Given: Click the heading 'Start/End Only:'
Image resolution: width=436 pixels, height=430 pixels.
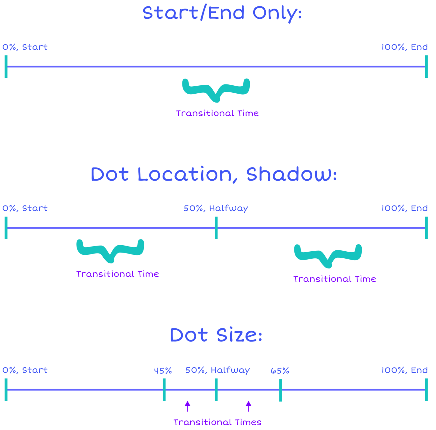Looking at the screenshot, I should tap(222, 13).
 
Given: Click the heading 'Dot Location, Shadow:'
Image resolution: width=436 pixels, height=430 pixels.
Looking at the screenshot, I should tap(214, 175).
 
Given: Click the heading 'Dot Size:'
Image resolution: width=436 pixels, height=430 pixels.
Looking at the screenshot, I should tap(216, 335).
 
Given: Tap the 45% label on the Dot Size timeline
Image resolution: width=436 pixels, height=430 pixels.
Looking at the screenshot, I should tap(163, 371).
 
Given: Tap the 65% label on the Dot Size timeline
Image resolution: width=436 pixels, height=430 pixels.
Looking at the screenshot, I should tap(280, 371).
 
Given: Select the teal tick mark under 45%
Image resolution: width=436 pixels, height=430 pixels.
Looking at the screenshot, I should tap(164, 390).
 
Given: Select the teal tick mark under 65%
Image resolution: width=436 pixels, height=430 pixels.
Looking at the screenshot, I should tap(281, 390).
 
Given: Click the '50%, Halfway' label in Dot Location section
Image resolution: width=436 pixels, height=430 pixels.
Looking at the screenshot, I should tap(216, 209).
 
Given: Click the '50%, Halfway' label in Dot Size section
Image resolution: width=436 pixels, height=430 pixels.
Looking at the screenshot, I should tap(218, 370).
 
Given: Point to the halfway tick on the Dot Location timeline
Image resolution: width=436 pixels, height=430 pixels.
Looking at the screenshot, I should tap(216, 228).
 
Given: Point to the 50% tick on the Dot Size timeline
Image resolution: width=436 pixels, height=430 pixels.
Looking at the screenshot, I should tap(216, 390).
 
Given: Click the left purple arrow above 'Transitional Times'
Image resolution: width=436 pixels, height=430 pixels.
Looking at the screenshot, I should tap(188, 406).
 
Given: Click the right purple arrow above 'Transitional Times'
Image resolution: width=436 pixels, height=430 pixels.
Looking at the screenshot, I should tap(248, 406).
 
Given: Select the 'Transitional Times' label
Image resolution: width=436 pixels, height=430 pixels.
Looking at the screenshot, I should tap(217, 422).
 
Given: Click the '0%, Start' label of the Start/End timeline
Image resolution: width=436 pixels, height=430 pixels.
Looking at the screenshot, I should tap(25, 47).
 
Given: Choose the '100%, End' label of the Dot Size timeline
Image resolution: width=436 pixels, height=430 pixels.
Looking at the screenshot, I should tap(404, 370).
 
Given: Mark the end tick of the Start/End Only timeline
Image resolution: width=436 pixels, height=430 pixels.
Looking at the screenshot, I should tap(426, 67).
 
